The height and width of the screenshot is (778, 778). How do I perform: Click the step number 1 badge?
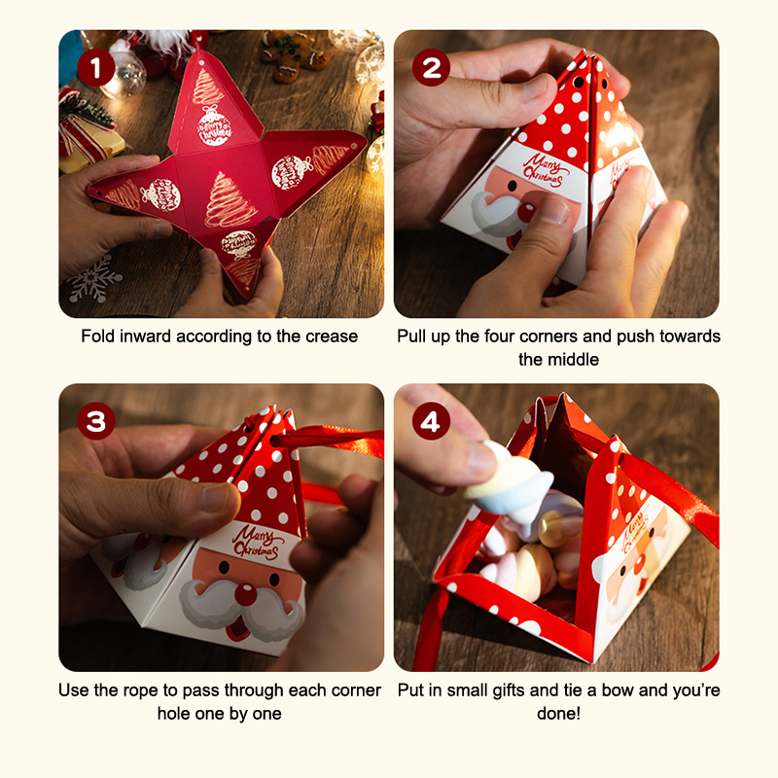click(x=96, y=67)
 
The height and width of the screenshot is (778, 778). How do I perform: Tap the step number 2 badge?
click(x=431, y=67)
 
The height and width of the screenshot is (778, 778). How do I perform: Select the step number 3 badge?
click(x=96, y=421)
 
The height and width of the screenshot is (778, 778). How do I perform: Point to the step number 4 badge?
click(x=431, y=421)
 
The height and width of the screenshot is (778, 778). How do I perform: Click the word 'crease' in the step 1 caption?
click(x=332, y=336)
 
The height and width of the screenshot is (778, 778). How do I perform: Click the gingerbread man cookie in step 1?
click(x=294, y=56)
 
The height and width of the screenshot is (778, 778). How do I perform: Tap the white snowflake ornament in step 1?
click(x=93, y=279)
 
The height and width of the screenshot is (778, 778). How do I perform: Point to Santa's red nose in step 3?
click(x=246, y=594)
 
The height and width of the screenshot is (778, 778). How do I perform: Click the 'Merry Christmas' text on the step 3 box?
click(x=256, y=543)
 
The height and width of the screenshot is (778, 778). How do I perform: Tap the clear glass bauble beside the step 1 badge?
click(x=126, y=75)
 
